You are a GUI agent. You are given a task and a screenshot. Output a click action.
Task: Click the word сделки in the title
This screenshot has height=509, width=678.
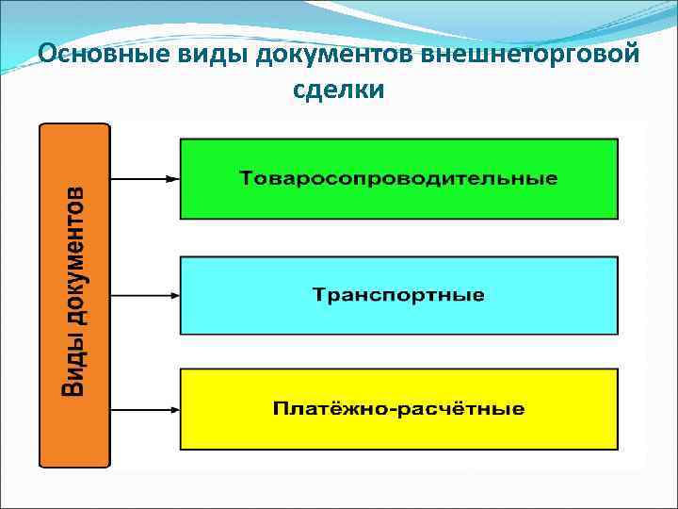[338, 90]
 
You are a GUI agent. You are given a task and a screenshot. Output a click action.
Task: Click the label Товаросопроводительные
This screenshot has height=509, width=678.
[398, 178]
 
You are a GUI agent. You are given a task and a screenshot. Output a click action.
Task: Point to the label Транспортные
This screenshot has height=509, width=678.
[398, 295]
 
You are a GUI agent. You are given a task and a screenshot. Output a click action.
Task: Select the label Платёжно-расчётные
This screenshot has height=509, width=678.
[398, 409]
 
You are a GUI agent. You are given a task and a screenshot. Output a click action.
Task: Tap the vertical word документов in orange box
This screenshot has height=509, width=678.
[74, 267]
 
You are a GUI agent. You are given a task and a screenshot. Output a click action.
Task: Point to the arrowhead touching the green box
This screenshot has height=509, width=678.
[172, 178]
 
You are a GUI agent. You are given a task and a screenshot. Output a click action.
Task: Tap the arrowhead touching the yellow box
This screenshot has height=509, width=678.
[172, 409]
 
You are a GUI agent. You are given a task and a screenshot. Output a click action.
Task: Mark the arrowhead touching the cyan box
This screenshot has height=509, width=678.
[172, 295]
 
